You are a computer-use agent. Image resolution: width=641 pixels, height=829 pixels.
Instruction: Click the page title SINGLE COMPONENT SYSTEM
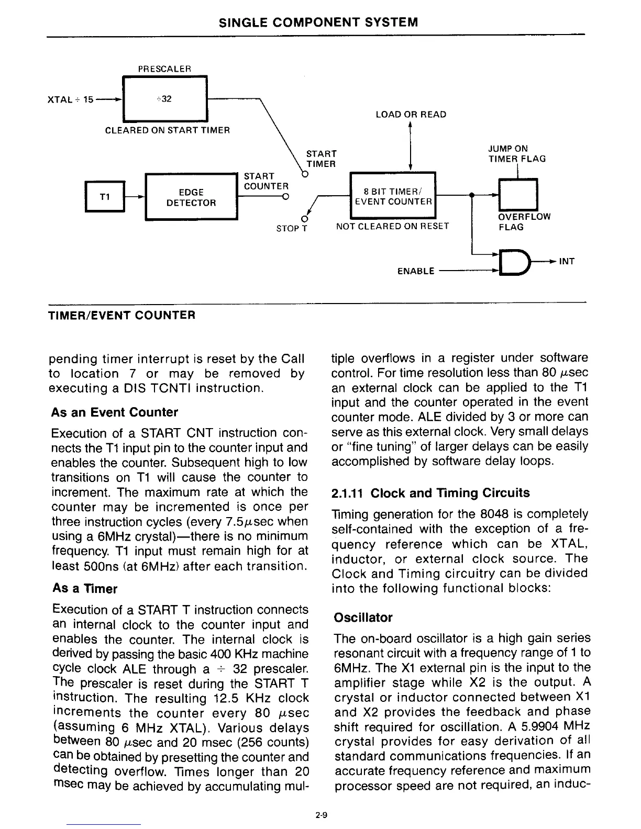point(318,22)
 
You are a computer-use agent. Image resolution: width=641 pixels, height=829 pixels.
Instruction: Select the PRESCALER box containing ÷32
point(164,99)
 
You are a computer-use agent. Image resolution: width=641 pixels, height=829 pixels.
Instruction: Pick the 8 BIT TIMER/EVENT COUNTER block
point(393,196)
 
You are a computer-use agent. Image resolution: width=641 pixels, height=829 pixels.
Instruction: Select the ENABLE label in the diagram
point(416,271)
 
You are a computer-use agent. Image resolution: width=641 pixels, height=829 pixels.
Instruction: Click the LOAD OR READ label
point(411,115)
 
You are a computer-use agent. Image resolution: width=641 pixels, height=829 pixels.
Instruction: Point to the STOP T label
point(291,229)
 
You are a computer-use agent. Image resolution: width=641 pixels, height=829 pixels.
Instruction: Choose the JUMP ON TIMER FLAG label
point(517,154)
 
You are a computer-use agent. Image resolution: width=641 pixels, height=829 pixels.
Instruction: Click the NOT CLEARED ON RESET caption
point(392,226)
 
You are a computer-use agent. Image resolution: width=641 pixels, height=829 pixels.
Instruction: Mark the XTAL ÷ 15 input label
point(70,99)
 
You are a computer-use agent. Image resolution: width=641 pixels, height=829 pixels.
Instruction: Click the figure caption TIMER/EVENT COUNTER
point(121,315)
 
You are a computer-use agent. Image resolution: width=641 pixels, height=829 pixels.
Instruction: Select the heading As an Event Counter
point(115,412)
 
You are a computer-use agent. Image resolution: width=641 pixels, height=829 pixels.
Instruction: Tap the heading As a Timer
point(84,589)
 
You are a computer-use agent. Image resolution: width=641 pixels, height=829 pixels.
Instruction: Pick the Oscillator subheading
point(363,618)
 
